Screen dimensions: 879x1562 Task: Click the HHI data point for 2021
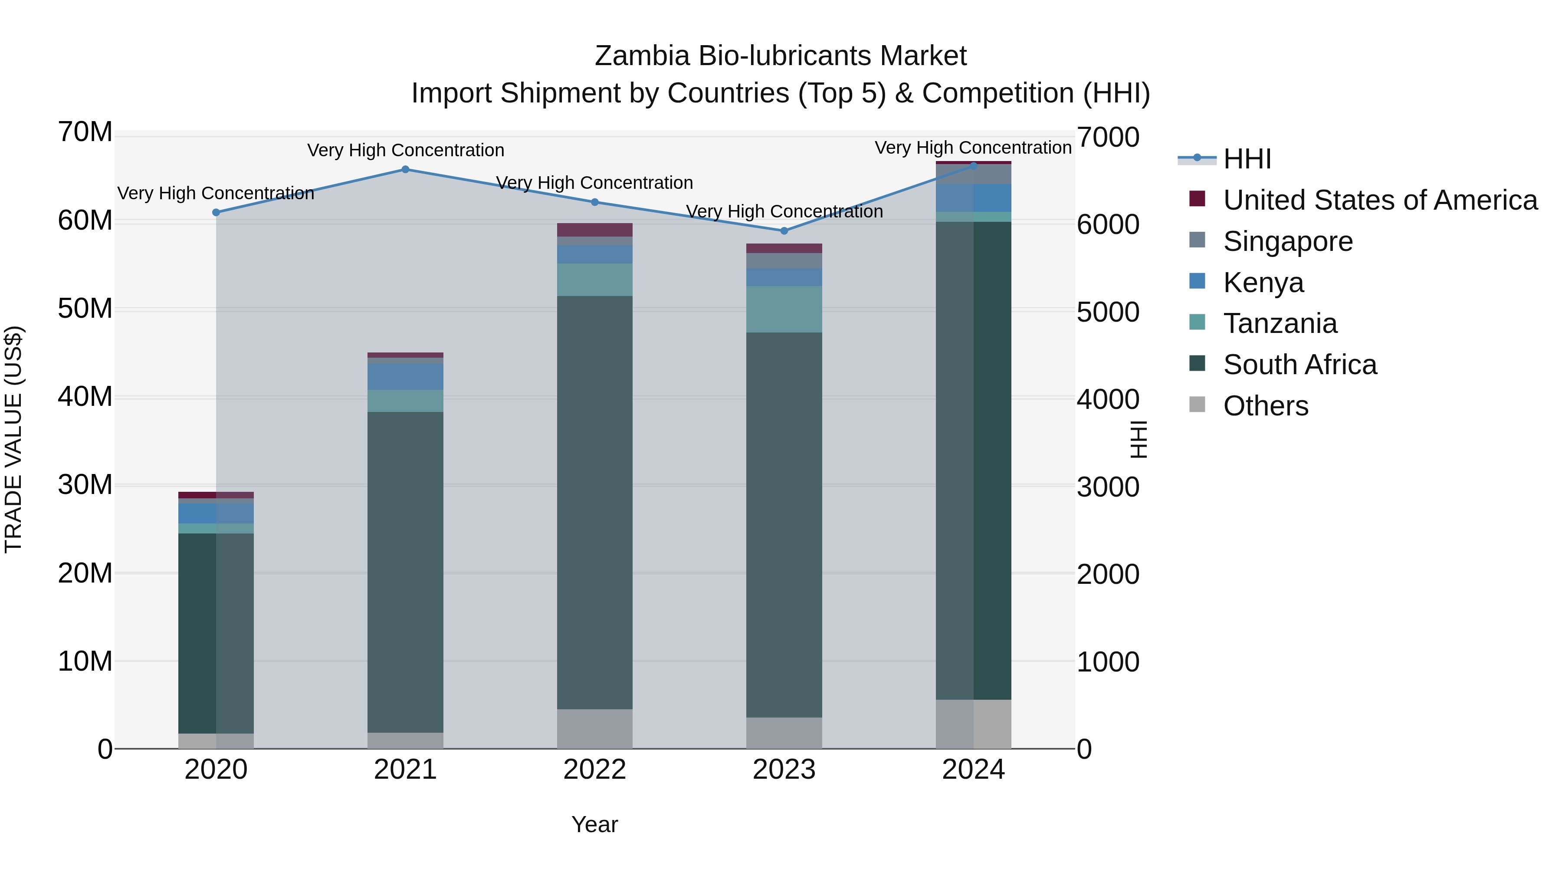click(405, 169)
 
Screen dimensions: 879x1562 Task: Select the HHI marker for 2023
click(784, 230)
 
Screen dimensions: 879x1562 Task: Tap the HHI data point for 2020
click(216, 212)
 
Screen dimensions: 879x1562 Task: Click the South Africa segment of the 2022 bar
click(594, 502)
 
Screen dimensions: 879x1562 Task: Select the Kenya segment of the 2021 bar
click(405, 377)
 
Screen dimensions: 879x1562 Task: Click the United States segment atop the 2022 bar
click(594, 230)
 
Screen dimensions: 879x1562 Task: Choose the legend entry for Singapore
click(1287, 241)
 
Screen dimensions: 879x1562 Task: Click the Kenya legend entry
click(1263, 283)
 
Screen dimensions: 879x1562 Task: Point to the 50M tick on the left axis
click(85, 309)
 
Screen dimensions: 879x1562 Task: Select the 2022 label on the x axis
click(594, 770)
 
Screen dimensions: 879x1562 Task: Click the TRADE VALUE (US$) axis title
click(14, 439)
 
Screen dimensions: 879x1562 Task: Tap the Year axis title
click(594, 824)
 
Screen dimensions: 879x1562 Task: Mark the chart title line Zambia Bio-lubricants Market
click(781, 56)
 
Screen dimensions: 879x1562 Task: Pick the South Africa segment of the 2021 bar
click(405, 572)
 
